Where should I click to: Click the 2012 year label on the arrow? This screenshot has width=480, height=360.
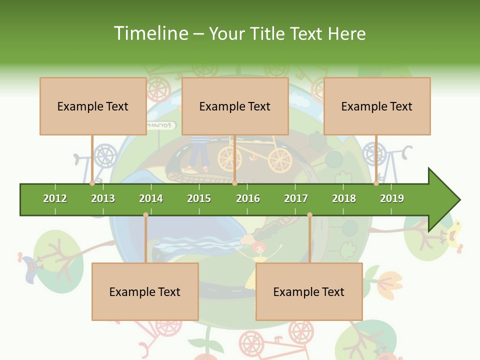pyautogui.click(x=55, y=198)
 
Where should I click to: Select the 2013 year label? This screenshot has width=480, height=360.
pyautogui.click(x=103, y=198)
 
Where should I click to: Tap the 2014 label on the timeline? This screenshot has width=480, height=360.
pyautogui.click(x=151, y=198)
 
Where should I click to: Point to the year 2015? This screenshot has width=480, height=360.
pyautogui.click(x=199, y=198)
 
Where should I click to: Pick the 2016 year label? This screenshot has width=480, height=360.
pyautogui.click(x=248, y=198)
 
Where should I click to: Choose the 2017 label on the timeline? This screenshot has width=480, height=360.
pyautogui.click(x=296, y=198)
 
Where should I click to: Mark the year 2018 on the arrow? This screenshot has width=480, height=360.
pyautogui.click(x=344, y=198)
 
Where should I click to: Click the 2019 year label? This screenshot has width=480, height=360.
pyautogui.click(x=392, y=198)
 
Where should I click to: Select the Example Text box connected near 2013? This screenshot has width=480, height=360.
pyautogui.click(x=93, y=106)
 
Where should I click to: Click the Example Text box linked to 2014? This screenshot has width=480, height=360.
pyautogui.click(x=145, y=291)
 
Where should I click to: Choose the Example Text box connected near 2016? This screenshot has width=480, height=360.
pyautogui.click(x=235, y=106)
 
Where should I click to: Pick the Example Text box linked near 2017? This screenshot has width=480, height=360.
pyautogui.click(x=309, y=291)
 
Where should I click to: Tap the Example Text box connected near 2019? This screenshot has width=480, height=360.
pyautogui.click(x=377, y=106)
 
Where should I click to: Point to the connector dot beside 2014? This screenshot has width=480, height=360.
pyautogui.click(x=145, y=214)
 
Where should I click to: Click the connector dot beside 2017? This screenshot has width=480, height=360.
pyautogui.click(x=309, y=214)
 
